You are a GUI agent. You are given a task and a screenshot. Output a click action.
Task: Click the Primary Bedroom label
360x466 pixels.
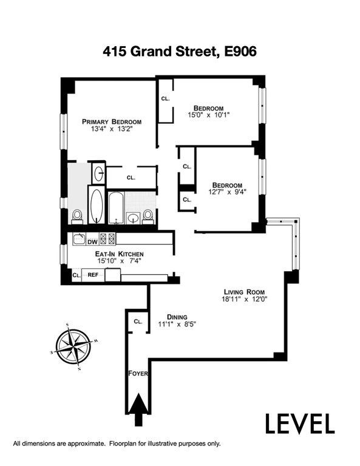coord(112,122)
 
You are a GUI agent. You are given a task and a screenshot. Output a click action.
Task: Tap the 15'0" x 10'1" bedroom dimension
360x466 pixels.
coord(209,115)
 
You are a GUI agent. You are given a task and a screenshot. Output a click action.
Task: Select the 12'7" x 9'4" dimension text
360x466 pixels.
coord(228,192)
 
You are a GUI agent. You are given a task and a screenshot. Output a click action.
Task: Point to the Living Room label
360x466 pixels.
coord(244,292)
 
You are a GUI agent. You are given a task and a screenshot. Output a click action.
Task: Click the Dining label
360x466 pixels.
coord(177,317)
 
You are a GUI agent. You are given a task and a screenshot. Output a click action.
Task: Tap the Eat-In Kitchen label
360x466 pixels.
coord(119,254)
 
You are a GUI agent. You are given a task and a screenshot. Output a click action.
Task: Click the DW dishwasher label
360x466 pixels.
coord(92,242)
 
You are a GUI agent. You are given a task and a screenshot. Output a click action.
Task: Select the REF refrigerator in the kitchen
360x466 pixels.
coord(93,275)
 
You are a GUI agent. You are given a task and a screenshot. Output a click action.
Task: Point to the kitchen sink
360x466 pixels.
coord(80,239)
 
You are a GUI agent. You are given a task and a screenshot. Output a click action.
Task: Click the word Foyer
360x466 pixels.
coord(138,374)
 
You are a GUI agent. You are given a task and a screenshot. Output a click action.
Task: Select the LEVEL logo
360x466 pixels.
coord(300,424)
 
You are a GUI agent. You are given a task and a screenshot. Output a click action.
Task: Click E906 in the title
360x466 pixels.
coord(240,52)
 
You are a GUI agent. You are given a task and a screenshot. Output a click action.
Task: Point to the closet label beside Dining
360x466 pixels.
coord(138,322)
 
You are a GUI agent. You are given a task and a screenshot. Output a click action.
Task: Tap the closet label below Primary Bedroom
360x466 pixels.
coord(131,178)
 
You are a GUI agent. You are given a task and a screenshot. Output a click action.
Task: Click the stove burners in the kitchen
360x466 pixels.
coord(107,239)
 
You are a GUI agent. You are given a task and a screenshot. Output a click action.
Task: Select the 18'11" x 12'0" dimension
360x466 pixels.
coord(245,300)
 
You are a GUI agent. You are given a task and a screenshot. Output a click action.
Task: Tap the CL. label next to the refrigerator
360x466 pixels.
coord(76,275)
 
